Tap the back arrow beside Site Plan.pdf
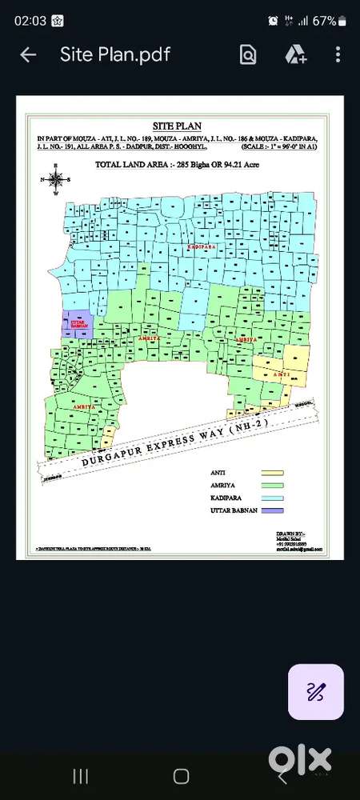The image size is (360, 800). (28, 54)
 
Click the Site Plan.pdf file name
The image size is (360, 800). (115, 54)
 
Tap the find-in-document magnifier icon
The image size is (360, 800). (248, 54)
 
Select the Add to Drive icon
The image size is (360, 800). (295, 54)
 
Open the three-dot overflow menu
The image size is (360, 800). (338, 54)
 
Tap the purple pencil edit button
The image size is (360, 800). (316, 691)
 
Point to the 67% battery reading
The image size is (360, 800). (323, 21)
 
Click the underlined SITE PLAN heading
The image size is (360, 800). (177, 126)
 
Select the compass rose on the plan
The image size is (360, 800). (56, 180)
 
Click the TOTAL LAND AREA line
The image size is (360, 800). (177, 164)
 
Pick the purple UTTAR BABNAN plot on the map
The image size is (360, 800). (78, 325)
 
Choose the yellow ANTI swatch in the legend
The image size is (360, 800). (272, 473)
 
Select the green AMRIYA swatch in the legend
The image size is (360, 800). (272, 485)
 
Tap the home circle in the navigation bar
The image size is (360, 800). (181, 775)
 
